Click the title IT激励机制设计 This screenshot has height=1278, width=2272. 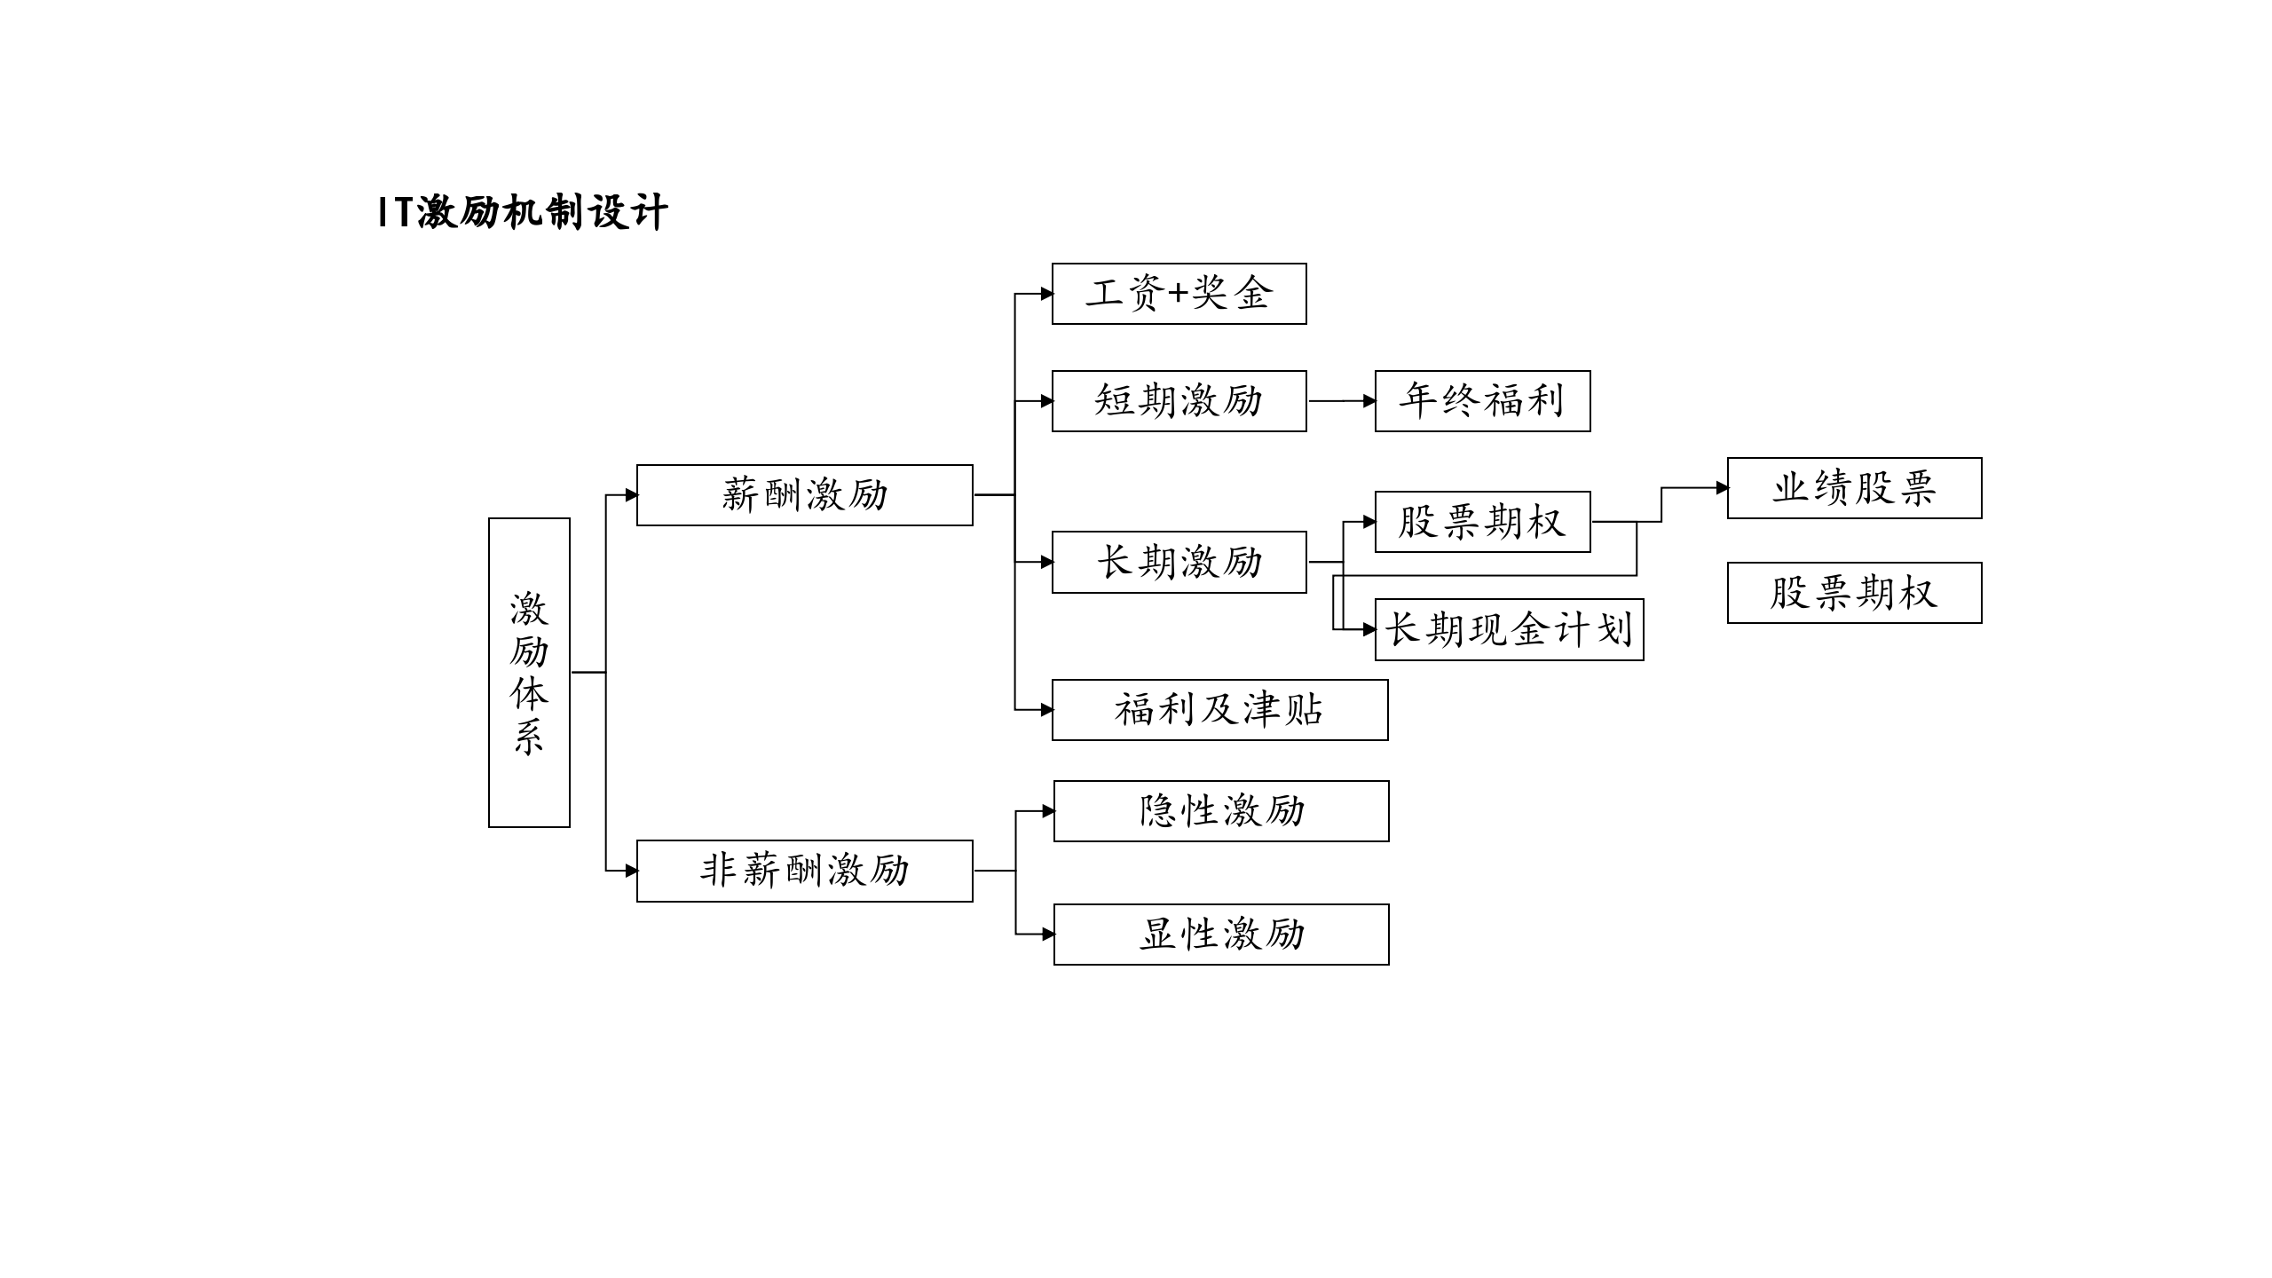coord(522,213)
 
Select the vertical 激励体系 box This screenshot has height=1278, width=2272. coord(529,672)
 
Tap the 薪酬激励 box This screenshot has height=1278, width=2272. coord(804,495)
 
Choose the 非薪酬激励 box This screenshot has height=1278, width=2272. coord(804,871)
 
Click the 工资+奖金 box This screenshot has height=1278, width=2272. coord(1179,294)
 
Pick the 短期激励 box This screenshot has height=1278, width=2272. coord(1179,401)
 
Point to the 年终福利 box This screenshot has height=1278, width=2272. coord(1482,401)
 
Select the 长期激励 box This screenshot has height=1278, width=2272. coord(1179,562)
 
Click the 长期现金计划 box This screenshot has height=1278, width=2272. coord(1509,630)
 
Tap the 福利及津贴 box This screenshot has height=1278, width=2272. coord(1219,710)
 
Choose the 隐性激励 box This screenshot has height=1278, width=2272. coord(1221,811)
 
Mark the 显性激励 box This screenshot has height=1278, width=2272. coord(1221,935)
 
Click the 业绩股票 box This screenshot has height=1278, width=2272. coord(1854,488)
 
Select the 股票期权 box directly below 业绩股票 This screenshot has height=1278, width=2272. coord(1854,593)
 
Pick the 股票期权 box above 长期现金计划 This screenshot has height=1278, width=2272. coord(1482,522)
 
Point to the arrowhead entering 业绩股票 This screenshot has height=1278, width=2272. coord(1722,488)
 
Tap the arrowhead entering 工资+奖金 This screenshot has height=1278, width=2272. coord(1046,294)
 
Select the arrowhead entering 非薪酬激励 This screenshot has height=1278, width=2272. coord(631,871)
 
